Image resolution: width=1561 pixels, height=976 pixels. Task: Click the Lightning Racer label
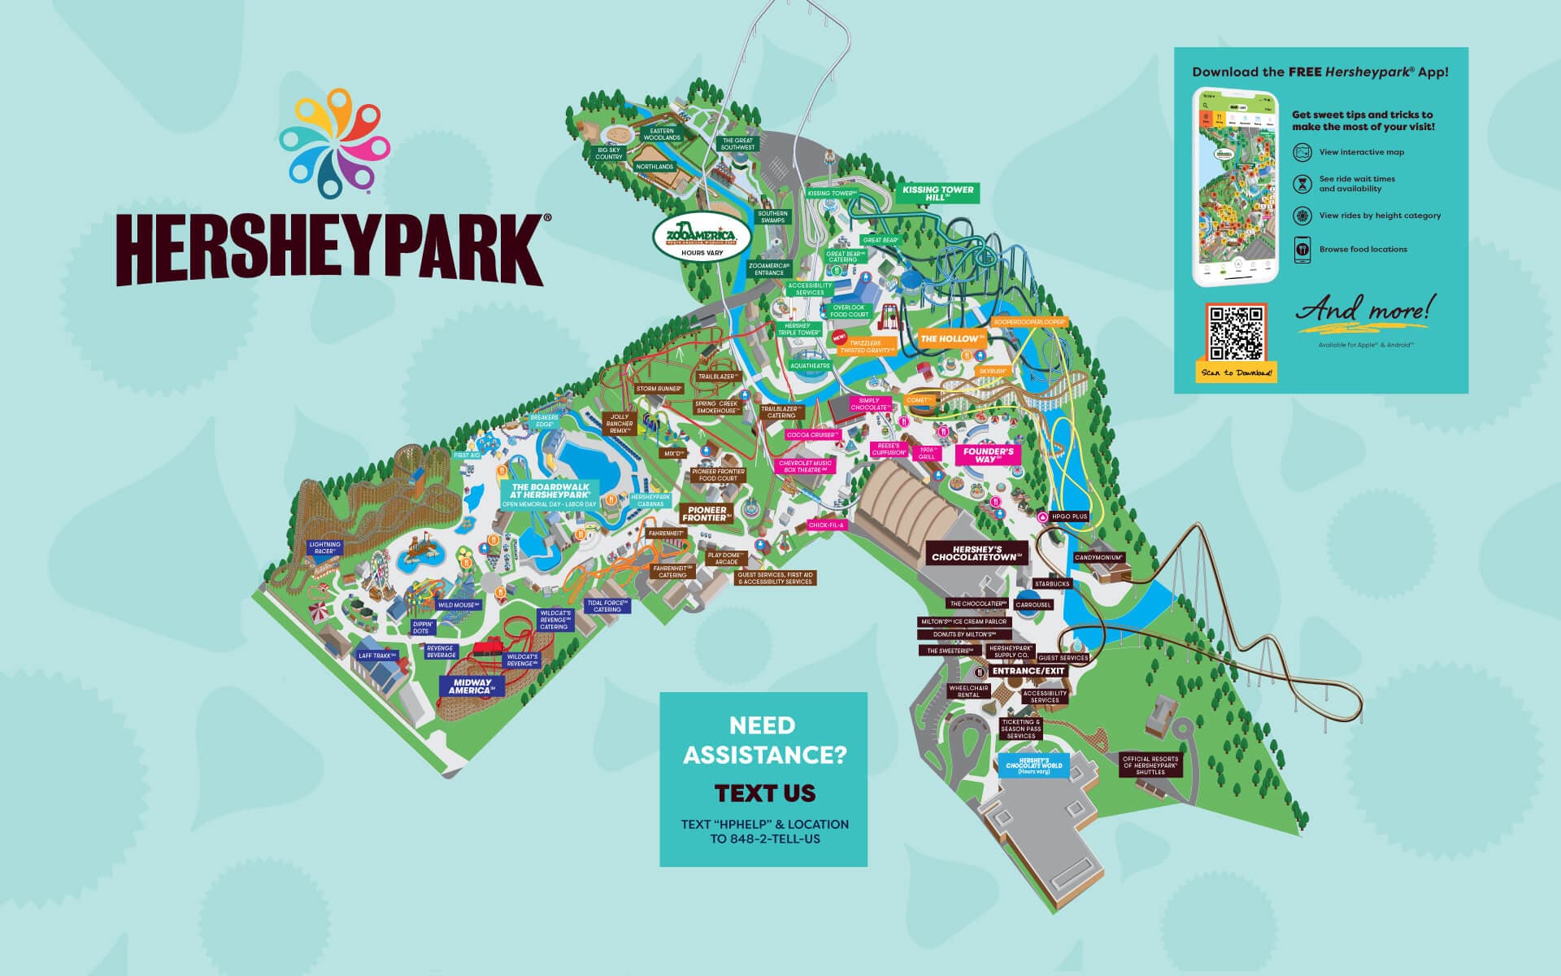tap(325, 547)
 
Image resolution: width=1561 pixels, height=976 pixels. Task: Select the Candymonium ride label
tap(1098, 558)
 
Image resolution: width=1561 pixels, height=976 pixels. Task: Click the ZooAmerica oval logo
tap(701, 237)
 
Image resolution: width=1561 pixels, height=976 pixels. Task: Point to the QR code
tap(1236, 333)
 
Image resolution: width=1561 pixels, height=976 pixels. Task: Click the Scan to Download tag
tap(1238, 373)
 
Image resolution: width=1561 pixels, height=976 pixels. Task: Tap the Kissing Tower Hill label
tap(937, 193)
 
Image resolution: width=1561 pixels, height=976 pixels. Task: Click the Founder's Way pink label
tap(988, 455)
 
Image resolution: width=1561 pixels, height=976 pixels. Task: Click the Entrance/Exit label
tap(1027, 671)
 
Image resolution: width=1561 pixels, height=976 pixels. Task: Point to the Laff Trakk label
tap(376, 656)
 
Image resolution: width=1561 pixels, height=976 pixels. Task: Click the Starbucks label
tap(1052, 584)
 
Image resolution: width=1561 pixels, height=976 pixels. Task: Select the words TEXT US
tap(764, 793)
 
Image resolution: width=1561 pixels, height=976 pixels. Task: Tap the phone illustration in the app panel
tap(1235, 188)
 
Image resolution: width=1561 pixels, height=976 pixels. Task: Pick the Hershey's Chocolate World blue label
tap(1033, 766)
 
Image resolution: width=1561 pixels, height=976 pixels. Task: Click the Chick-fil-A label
tap(827, 525)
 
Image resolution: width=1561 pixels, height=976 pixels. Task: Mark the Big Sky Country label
tap(609, 154)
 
